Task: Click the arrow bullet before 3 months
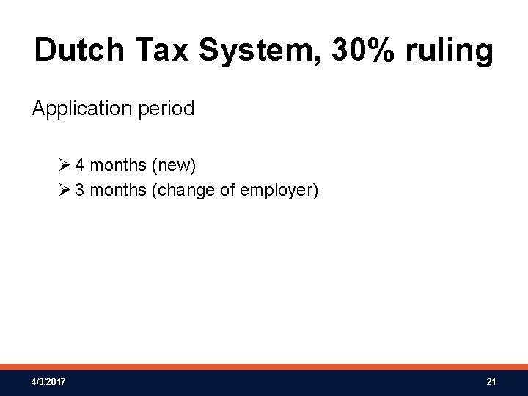pyautogui.click(x=67, y=191)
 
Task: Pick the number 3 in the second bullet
pyautogui.click(x=80, y=191)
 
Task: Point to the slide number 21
pyautogui.click(x=491, y=383)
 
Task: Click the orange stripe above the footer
pyautogui.click(x=264, y=367)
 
